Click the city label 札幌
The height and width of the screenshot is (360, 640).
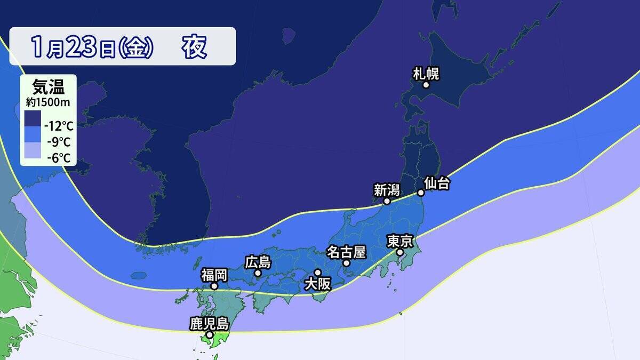tap(426, 73)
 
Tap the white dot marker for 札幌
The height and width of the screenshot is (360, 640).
tap(426, 85)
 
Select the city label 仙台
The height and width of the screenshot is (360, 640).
tap(437, 183)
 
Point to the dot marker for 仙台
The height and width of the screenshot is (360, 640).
tap(420, 193)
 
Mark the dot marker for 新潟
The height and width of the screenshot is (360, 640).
tap(387, 202)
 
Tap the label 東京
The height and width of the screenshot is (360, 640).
tap(400, 241)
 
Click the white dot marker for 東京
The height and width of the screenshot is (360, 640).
tap(399, 252)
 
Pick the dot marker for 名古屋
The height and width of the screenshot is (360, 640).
tap(346, 263)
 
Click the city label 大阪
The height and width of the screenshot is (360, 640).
tap(317, 284)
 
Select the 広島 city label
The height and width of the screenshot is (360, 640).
tap(258, 262)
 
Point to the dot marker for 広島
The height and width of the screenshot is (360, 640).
tap(258, 274)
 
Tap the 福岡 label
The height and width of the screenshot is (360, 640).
tap(214, 275)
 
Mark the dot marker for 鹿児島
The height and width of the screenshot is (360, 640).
tap(210, 335)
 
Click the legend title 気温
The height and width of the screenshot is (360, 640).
tap(47, 86)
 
